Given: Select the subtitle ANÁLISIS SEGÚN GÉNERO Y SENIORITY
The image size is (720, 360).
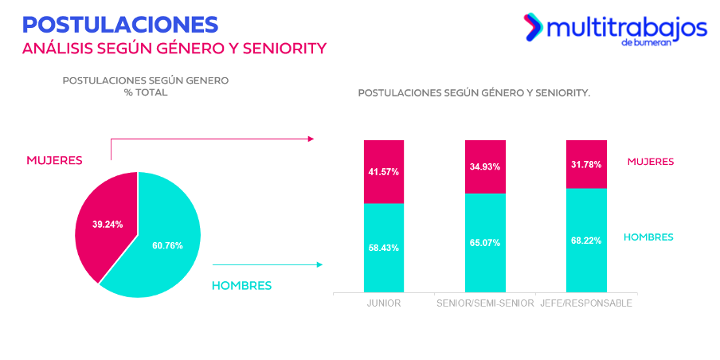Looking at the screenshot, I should pos(174,49).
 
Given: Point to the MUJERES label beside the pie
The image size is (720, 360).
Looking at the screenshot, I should pos(54,160).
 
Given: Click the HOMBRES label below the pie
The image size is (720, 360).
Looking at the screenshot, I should pos(241,285).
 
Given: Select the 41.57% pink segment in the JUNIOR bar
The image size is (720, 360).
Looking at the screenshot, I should pos(384,171).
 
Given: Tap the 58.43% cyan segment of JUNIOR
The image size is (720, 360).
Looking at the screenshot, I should pos(384,248).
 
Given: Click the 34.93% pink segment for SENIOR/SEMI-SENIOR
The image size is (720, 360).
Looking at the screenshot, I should pos(485,166).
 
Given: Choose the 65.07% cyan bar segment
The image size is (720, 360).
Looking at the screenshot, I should pos(485,243).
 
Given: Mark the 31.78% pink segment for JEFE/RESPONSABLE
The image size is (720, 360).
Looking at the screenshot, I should pos(586,164).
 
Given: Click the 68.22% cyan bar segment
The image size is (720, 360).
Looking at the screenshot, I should pos(586,240).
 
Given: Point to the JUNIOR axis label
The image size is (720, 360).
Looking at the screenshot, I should pos(384,304).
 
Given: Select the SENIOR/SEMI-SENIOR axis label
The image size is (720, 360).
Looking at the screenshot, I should pos(485,304).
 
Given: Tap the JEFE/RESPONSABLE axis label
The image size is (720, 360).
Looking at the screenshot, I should pos(586,304).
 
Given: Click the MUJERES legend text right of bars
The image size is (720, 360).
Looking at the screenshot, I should pos(650,162).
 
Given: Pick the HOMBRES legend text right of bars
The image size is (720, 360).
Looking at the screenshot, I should pos(648,237).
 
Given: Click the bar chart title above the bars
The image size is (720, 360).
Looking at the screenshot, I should pos(474,93).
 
